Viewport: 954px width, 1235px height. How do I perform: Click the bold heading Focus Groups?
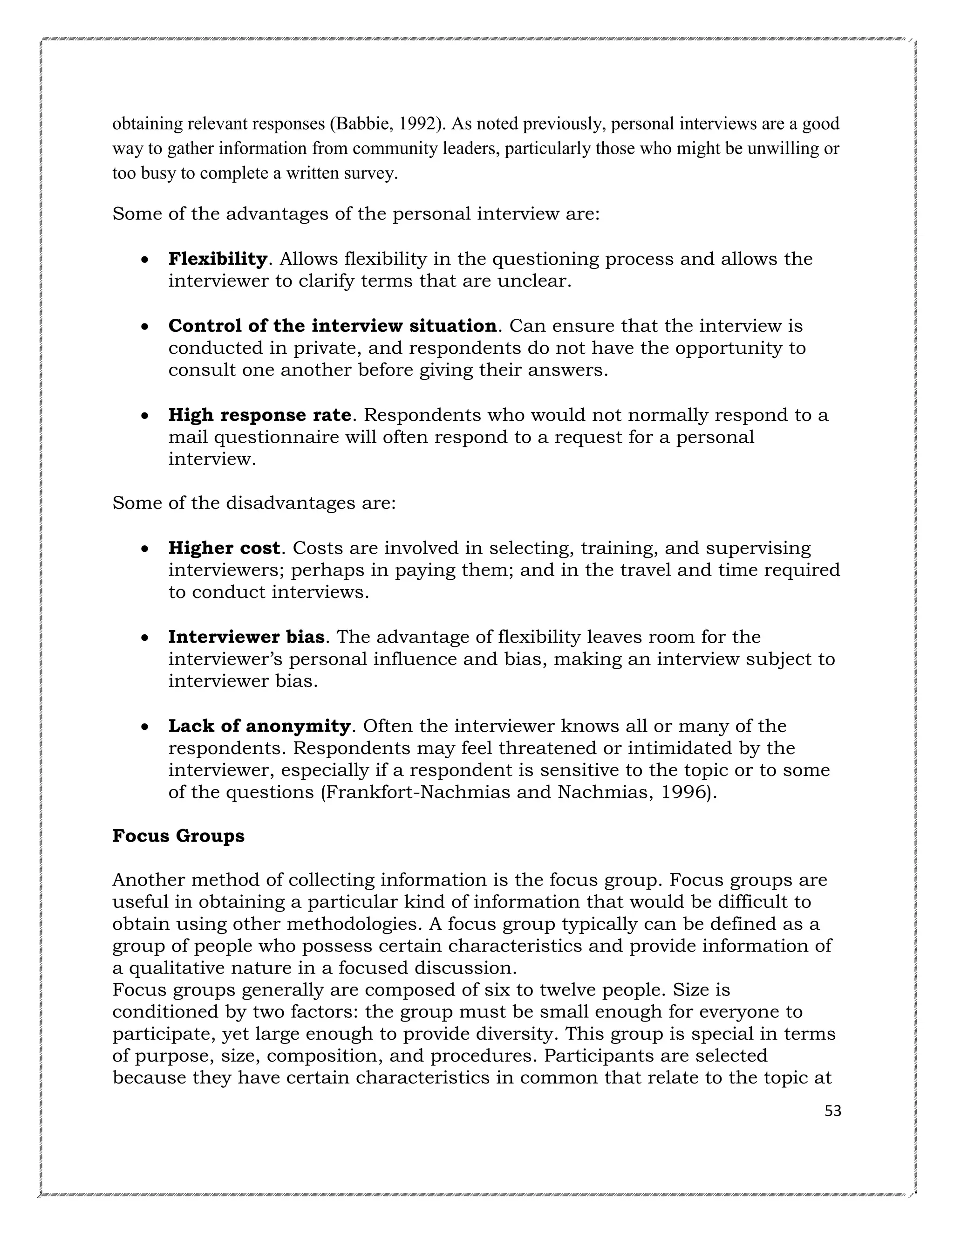tap(178, 836)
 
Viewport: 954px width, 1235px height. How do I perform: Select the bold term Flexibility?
tap(218, 259)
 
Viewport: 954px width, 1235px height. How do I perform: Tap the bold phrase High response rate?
tap(260, 415)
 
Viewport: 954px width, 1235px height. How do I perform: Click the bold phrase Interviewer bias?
tap(246, 637)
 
